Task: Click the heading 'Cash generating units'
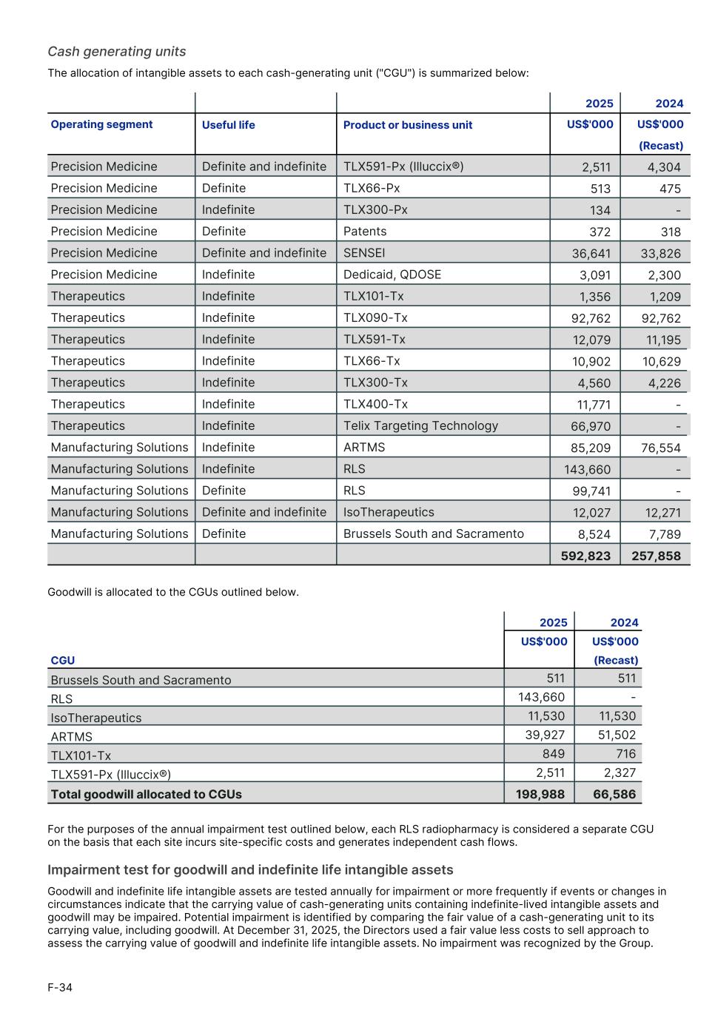[117, 51]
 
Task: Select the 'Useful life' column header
[228, 125]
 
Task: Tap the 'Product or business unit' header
[407, 125]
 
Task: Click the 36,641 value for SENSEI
[591, 253]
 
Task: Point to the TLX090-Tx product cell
[375, 317]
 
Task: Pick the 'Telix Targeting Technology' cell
[420, 425]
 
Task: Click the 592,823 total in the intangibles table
[585, 555]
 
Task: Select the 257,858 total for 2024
[656, 555]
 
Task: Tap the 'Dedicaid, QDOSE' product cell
[392, 275]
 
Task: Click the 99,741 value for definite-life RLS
[591, 491]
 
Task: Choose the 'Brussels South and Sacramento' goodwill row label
[141, 680]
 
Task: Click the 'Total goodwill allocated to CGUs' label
[146, 794]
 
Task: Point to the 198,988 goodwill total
[540, 794]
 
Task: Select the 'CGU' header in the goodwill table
[63, 660]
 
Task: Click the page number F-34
[60, 987]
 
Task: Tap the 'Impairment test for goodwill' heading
[250, 869]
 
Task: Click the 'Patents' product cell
[365, 232]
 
